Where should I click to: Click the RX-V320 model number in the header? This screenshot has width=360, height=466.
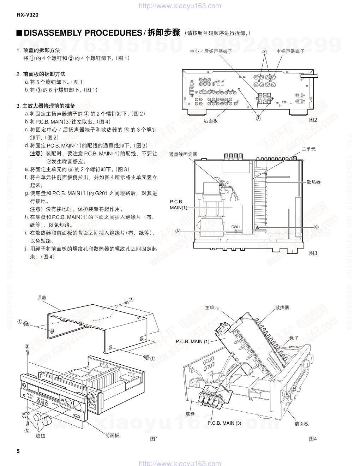tap(27, 15)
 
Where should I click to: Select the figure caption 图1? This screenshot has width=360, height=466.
tap(154, 439)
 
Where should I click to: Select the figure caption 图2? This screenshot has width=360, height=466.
tap(313, 120)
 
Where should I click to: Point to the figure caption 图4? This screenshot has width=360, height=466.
tap(313, 439)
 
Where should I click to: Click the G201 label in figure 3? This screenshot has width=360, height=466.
tap(236, 227)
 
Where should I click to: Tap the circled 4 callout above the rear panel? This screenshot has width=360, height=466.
tap(264, 52)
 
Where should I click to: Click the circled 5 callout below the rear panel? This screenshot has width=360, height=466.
tap(258, 119)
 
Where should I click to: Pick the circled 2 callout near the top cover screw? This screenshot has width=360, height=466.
tap(131, 300)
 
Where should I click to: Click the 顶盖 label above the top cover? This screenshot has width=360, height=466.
tap(42, 298)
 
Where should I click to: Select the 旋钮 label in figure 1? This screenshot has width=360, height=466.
tap(41, 436)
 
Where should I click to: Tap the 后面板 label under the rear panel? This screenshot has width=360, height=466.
tap(211, 120)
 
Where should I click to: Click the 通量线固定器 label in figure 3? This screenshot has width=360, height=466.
tap(183, 154)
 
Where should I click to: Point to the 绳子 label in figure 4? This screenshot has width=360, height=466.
tap(294, 338)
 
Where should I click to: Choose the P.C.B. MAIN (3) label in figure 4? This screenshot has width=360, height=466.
tap(224, 423)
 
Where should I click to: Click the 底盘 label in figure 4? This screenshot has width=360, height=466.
tap(190, 413)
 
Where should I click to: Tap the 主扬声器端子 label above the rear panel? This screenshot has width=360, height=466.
tap(290, 52)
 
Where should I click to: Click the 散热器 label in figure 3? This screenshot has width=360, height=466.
tap(313, 182)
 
